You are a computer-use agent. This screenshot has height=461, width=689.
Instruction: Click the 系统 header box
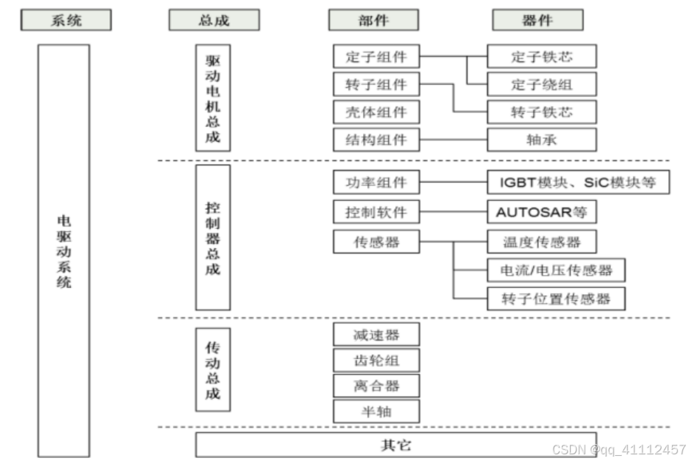[66, 20]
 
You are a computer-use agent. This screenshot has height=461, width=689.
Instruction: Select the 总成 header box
[214, 20]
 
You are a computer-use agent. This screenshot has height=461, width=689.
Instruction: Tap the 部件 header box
[373, 20]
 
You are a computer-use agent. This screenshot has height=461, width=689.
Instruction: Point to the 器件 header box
[537, 20]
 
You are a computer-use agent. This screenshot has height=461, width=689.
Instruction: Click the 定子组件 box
[376, 57]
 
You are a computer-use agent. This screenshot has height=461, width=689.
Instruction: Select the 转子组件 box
[376, 84]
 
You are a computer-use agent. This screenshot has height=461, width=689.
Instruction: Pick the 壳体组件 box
[376, 112]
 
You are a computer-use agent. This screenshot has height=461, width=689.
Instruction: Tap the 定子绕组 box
[542, 84]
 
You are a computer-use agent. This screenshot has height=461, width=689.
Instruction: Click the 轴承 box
[542, 139]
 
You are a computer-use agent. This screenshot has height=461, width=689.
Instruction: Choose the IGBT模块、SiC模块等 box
[578, 182]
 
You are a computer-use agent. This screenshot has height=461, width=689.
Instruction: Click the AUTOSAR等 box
[542, 212]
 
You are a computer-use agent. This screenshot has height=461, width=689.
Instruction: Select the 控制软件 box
[376, 212]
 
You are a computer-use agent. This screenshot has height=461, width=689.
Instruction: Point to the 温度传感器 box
[542, 242]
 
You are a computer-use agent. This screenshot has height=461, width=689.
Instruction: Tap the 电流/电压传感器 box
[556, 270]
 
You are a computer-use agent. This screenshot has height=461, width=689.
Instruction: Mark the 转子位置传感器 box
[556, 298]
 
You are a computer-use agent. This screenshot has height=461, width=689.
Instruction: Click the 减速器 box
[376, 335]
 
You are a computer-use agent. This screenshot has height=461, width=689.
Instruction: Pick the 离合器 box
[376, 385]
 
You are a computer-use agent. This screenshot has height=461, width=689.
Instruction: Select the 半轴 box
[376, 411]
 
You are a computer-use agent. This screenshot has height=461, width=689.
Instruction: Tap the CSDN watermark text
[619, 448]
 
